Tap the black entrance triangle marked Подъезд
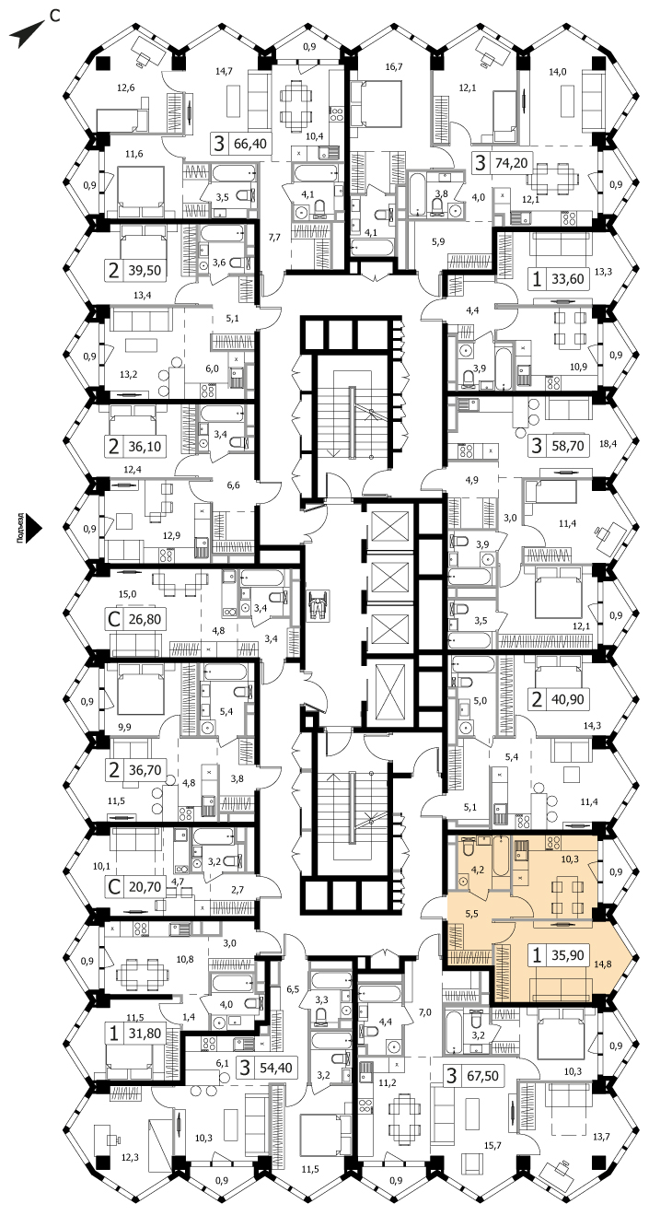35,528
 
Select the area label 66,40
250,144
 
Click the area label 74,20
511,163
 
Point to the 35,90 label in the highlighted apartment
568,955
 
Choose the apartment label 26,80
145,620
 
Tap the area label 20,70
145,887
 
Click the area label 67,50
482,1076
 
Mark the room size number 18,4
608,444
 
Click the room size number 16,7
393,67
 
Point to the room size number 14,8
602,964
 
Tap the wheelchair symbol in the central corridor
317,604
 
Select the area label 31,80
145,1034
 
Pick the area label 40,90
568,699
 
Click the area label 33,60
568,279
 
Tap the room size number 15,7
492,1145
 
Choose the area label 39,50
145,271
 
